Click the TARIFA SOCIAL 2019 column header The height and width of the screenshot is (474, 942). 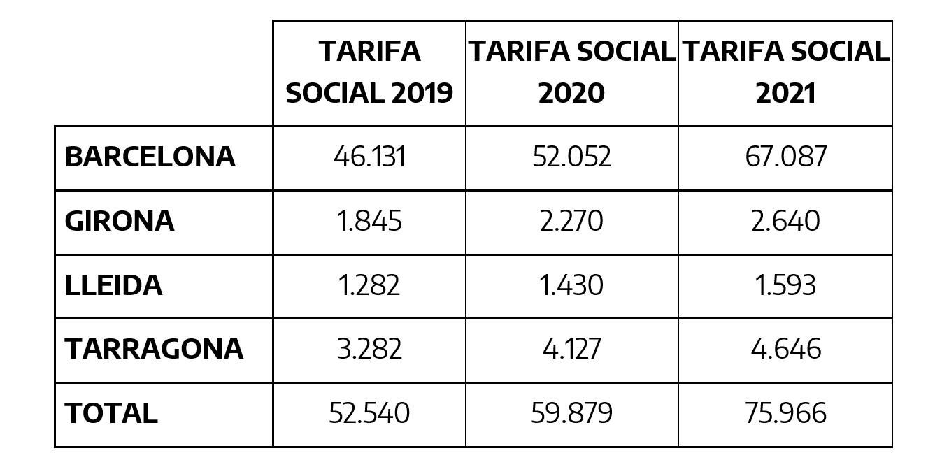coord(369,72)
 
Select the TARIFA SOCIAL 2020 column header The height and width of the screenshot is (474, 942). coord(571,72)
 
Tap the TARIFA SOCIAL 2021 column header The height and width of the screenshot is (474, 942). coord(785,72)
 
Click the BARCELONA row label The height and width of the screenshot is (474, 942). coord(150,157)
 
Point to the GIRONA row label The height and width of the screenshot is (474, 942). coord(119,221)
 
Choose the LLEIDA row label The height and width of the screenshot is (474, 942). coord(113,285)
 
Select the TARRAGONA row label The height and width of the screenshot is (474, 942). coord(154,349)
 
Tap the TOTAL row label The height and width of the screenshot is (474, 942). coord(111,413)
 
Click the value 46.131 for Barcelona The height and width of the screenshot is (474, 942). coord(369,157)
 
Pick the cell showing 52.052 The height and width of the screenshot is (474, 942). coord(571,157)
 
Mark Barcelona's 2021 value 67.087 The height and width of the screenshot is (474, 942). coord(785,157)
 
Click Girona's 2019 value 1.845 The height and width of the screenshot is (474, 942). coord(369,221)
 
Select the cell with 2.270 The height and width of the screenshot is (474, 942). coord(571,221)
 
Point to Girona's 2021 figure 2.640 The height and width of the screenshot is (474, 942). coord(785,221)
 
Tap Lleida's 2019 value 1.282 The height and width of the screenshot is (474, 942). coord(369,285)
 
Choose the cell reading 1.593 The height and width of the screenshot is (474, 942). coord(785,285)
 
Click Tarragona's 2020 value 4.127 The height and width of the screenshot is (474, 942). coord(571,349)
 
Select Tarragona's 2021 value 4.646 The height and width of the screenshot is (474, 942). coord(785,349)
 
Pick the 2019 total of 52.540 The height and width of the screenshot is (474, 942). coord(369,413)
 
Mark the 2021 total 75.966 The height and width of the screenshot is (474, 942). coord(785,413)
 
